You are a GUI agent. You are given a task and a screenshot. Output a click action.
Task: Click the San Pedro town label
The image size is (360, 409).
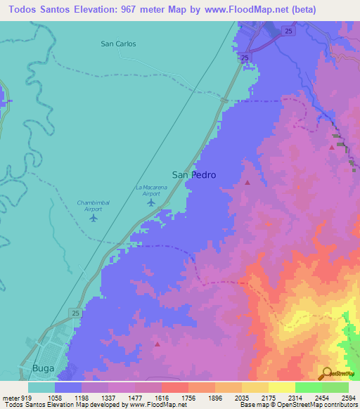click(193, 174)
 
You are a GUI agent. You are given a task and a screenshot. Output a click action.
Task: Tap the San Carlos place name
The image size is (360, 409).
click(118, 44)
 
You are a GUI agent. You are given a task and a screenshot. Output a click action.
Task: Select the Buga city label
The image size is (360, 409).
click(43, 368)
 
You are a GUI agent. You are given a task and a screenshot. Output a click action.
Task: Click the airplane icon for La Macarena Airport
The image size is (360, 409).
click(152, 202)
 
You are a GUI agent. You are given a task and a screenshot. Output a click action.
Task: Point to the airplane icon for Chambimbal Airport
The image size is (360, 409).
click(94, 218)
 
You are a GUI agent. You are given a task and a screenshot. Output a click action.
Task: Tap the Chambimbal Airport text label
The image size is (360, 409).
click(89, 205)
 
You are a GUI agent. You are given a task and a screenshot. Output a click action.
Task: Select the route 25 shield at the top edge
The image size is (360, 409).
click(289, 30)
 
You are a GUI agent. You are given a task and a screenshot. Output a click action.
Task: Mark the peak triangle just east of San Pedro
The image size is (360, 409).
click(247, 183)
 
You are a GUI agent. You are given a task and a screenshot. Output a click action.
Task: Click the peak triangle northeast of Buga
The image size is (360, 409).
click(157, 344)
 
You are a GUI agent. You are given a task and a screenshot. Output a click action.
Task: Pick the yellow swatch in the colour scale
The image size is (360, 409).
click(281, 387)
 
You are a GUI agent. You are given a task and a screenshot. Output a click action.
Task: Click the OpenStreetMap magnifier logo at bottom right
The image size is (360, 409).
click(328, 373)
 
